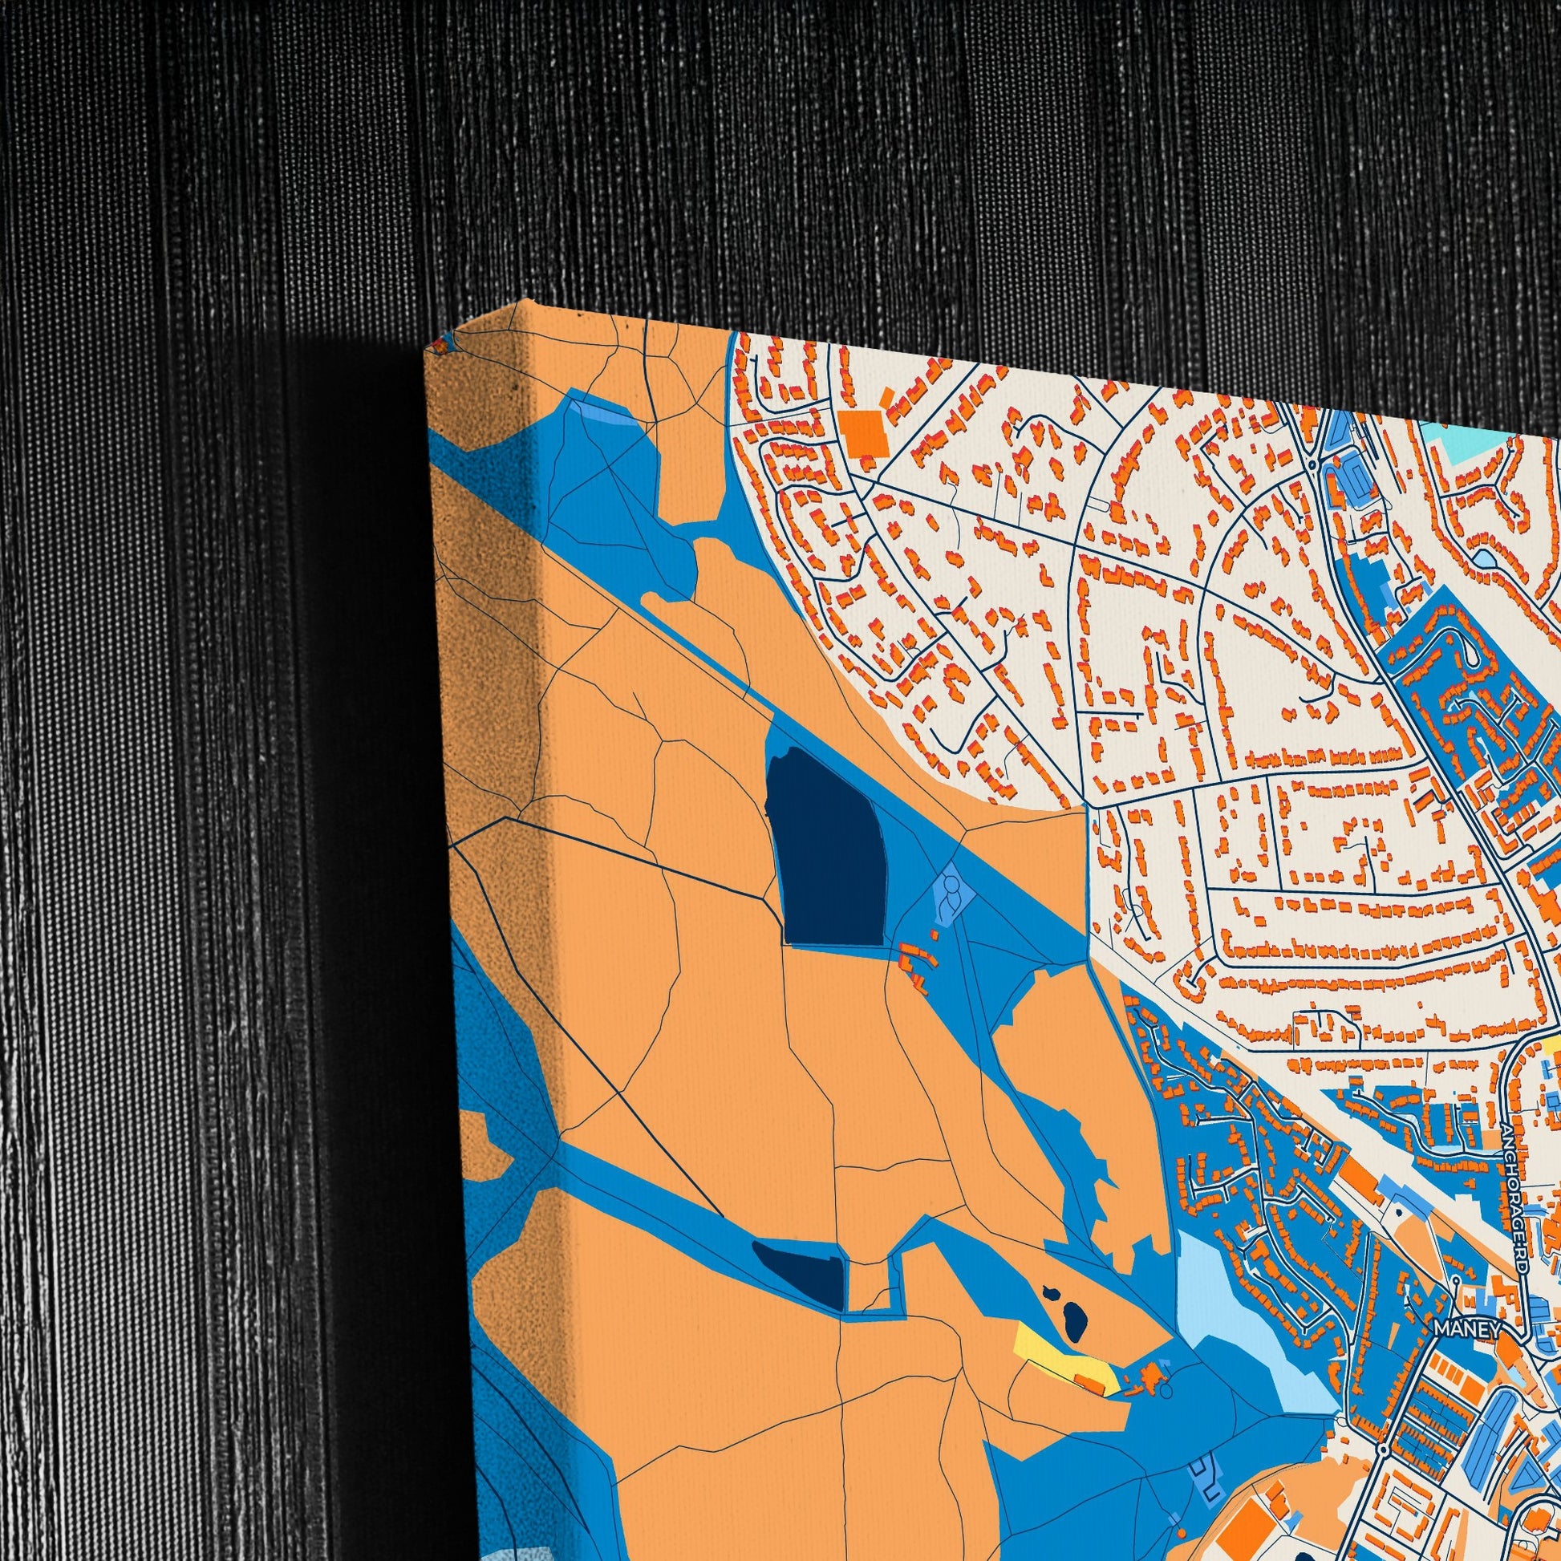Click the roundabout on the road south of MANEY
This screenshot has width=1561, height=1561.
pyautogui.click(x=1384, y=1428)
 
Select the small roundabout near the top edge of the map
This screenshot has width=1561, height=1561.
pyautogui.click(x=1312, y=464)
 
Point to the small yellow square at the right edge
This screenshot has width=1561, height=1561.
pyautogui.click(x=1555, y=1048)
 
